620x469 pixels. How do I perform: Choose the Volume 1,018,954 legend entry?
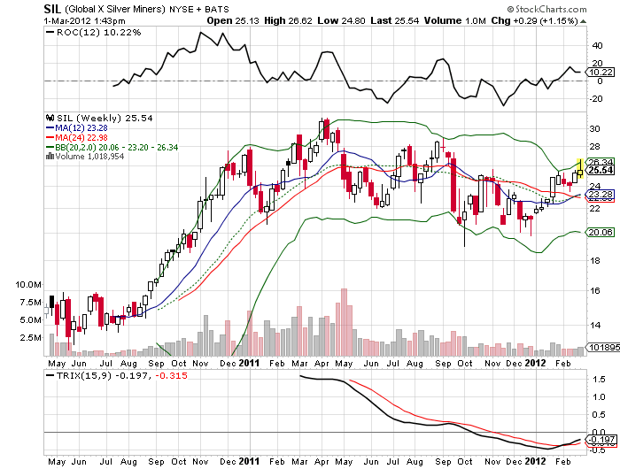tap(87, 157)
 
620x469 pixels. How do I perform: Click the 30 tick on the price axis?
tap(594, 128)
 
